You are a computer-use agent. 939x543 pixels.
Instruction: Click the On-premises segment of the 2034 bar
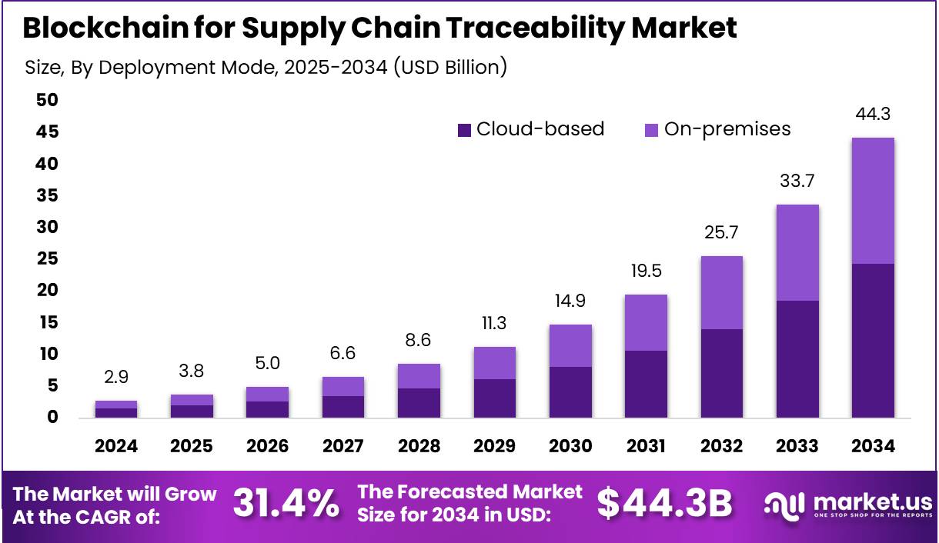[873, 201]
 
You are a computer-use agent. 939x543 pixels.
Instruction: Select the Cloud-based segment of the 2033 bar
[797, 359]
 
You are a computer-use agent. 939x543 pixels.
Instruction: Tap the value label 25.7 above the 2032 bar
[722, 233]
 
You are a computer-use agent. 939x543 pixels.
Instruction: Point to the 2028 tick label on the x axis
[419, 446]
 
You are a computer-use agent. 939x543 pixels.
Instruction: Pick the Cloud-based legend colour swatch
[463, 130]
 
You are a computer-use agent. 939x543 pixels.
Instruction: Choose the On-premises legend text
[727, 129]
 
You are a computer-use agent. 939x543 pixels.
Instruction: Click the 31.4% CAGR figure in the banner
[286, 504]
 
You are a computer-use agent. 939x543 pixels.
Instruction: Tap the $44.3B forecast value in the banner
[664, 504]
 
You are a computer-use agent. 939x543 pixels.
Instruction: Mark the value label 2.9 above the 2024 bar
[116, 378]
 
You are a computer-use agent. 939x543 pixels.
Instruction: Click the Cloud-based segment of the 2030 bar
[570, 392]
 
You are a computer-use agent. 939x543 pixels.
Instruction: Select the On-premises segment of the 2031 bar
[646, 323]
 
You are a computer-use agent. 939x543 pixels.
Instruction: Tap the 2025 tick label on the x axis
[192, 446]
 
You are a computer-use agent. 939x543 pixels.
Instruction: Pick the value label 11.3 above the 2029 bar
[495, 324]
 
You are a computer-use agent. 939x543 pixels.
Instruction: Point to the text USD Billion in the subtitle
[449, 68]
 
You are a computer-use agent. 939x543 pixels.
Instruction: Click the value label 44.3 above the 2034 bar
[873, 115]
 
